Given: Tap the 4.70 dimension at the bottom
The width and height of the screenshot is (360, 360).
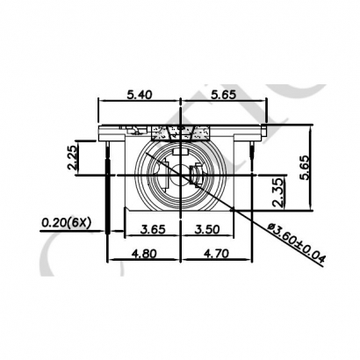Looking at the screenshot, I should (x=216, y=253).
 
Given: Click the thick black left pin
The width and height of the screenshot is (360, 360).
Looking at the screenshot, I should (x=107, y=189).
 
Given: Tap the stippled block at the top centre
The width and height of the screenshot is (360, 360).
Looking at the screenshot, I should (x=181, y=133).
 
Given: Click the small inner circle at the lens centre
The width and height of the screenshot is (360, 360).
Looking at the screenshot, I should (x=181, y=172).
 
